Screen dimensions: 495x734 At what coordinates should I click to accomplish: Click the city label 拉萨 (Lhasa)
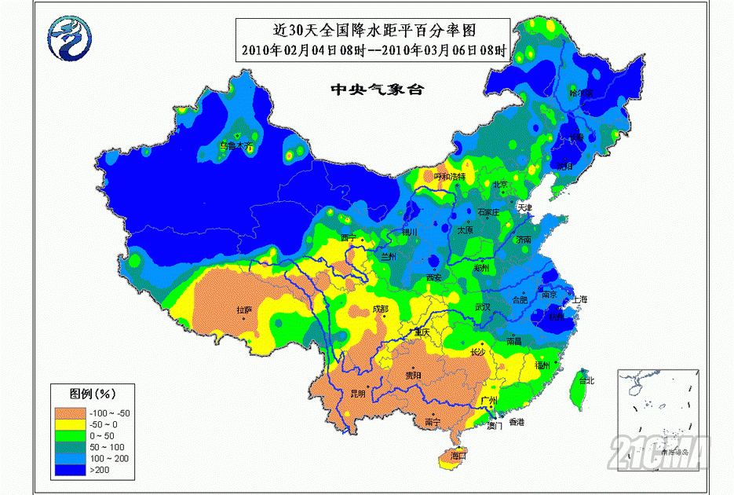tap(244, 310)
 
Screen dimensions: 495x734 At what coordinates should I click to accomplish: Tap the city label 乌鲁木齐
tap(237, 145)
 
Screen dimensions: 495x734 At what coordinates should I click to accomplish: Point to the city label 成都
tap(380, 309)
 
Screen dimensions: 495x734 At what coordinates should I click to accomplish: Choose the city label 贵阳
tap(412, 376)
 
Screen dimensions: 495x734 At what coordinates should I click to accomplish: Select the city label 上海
tap(580, 299)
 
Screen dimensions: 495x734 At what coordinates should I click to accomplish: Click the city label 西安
tap(434, 278)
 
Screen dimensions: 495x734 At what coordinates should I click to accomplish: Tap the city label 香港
tap(516, 423)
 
